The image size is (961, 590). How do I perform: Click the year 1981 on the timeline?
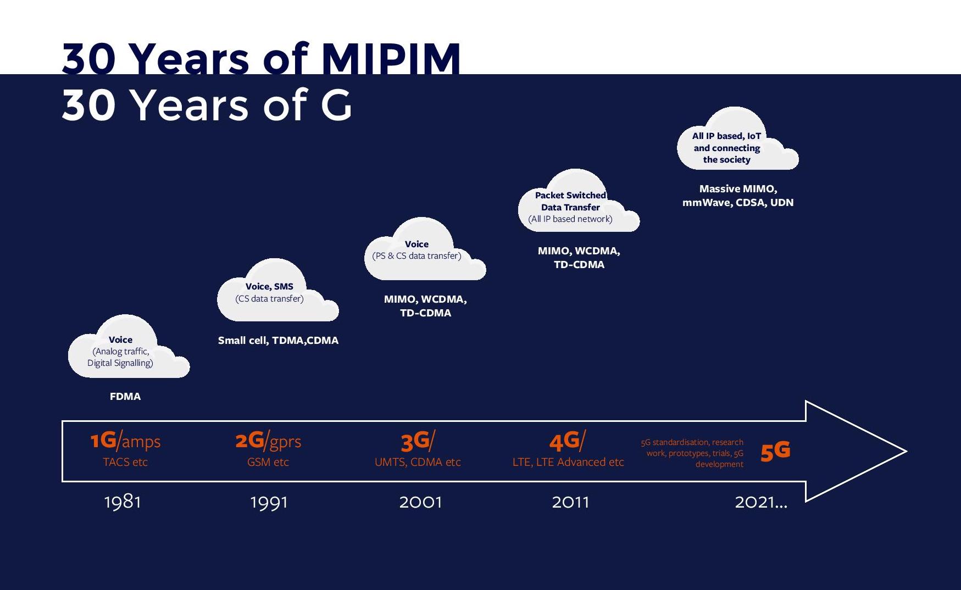point(123,502)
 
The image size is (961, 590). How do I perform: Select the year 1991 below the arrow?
point(269,502)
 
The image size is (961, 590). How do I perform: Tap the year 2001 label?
point(420,502)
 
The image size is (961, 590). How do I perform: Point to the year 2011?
point(570,502)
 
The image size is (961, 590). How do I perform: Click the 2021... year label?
point(761,502)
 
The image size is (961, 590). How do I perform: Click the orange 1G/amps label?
point(125,441)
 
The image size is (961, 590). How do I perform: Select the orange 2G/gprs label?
point(268,441)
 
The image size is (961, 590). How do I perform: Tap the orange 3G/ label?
point(418,441)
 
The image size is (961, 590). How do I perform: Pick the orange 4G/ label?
point(568,441)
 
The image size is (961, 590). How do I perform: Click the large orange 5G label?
point(775,452)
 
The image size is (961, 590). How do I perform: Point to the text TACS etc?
point(125,462)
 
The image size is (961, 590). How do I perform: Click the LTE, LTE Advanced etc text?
point(568,462)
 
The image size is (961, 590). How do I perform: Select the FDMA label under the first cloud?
point(125,396)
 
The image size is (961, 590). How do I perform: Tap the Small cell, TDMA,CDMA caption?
point(278,340)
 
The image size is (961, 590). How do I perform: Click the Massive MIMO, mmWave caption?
point(738,196)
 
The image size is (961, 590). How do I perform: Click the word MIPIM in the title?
point(391,58)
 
